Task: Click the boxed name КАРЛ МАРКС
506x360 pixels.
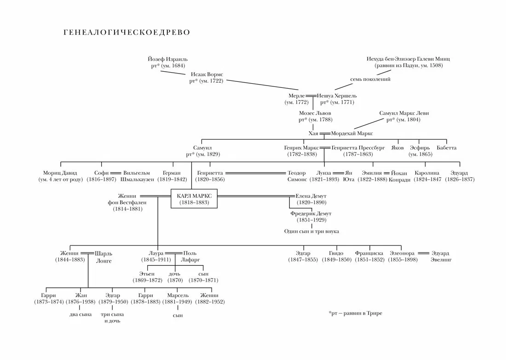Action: [x=194, y=196]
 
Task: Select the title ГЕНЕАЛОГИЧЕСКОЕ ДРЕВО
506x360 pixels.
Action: [x=126, y=33]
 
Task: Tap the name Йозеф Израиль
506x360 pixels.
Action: [x=167, y=59]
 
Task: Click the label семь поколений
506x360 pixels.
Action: [x=370, y=79]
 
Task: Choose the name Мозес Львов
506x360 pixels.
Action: [x=315, y=113]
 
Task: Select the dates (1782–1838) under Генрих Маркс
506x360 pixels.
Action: [x=301, y=154]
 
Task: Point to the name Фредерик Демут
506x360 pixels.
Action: [x=311, y=214]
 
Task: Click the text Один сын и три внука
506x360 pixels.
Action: [x=311, y=231]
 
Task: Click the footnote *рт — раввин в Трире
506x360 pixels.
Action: [x=355, y=313]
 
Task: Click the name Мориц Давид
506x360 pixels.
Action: [x=61, y=173]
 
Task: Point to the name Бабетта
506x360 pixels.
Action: [x=446, y=148]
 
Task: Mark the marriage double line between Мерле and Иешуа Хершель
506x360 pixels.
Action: [x=311, y=95]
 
